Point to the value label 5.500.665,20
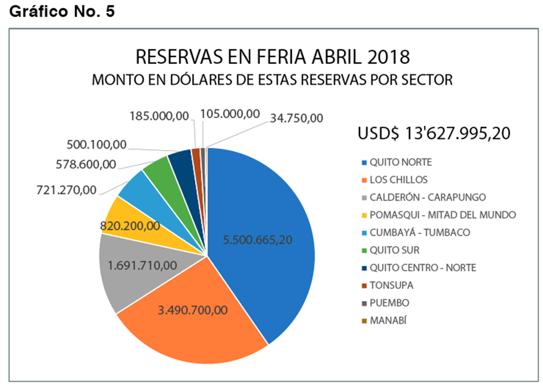pos(258,240)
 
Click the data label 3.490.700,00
pos(192,310)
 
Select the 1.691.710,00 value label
pos(142,266)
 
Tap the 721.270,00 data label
pos(66,190)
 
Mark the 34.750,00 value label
pos(296,118)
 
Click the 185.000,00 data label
pos(159,116)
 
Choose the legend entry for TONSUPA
pos(391,285)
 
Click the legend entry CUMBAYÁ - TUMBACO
pos(419,233)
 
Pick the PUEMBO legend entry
pos(389,303)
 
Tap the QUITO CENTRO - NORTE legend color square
pos(364,268)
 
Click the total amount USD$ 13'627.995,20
pos(434,133)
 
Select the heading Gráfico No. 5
pos(62,11)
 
